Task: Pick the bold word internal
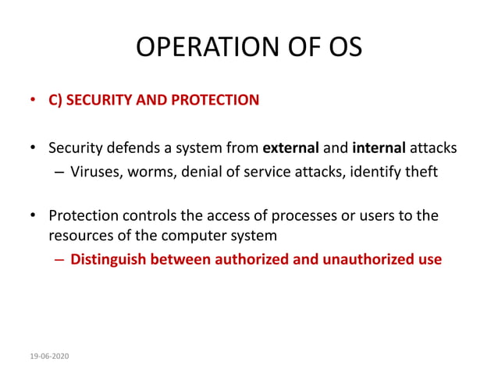point(378,147)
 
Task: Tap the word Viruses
point(95,172)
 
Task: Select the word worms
point(150,172)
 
